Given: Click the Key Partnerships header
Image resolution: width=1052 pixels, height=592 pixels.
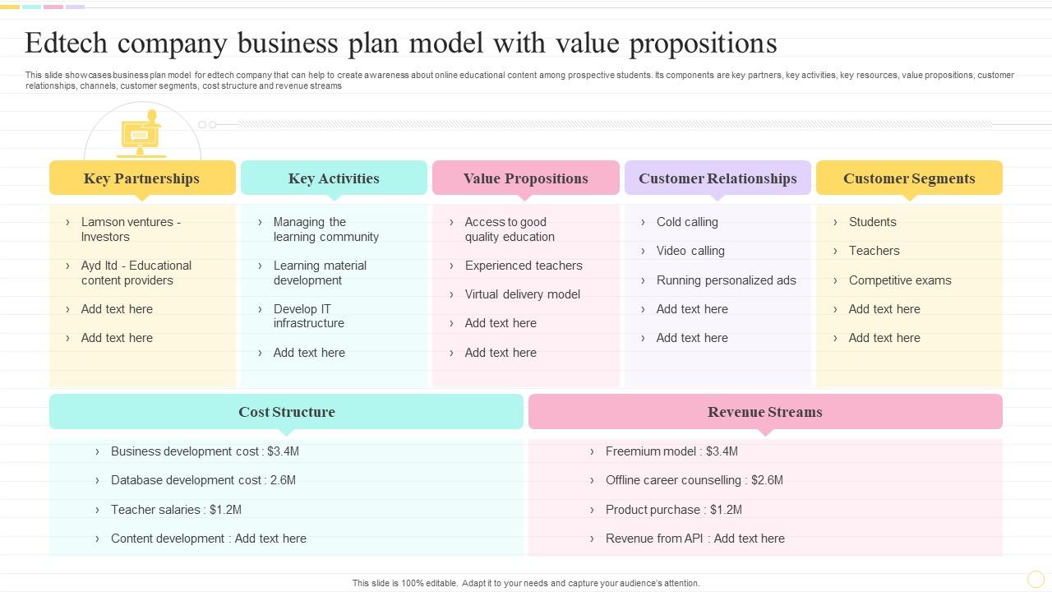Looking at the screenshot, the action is pos(142,178).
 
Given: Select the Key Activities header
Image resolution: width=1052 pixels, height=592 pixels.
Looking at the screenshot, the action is pos(334,178).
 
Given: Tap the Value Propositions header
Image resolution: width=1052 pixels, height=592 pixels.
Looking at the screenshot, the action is pos(525,178).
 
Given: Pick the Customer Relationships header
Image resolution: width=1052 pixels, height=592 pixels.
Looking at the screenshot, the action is pos(717,178).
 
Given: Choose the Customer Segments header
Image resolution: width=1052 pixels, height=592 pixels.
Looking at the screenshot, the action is pos(909,178).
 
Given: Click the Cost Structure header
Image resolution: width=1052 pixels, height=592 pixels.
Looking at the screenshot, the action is pos(287,412).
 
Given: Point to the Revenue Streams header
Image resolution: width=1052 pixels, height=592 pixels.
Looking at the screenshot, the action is pos(765,412).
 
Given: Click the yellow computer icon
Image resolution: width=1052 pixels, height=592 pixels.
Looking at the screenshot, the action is pos(141,134).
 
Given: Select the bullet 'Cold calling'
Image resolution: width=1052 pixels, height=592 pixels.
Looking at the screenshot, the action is pos(687,222).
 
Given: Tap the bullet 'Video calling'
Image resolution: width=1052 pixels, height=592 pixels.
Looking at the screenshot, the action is pos(690,251).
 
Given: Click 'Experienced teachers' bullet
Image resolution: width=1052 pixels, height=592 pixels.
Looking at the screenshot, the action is pos(524,266).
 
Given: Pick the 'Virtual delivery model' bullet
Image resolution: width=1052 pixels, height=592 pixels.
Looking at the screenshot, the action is pos(522,294).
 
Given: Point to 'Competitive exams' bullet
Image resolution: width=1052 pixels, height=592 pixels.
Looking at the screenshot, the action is pos(900,280).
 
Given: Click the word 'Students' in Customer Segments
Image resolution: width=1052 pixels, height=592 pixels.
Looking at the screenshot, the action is pos(873,222).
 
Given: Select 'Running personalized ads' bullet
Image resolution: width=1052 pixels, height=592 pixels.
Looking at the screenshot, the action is pos(726,280).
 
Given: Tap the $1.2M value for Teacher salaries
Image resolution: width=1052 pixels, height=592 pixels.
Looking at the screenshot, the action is pos(225,510).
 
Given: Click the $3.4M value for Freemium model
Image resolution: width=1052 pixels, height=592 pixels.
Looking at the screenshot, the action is pos(722,451).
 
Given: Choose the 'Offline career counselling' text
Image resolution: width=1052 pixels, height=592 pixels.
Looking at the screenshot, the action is pos(673,480).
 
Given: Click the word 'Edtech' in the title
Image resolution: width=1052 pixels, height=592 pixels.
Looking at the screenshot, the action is pos(66,44).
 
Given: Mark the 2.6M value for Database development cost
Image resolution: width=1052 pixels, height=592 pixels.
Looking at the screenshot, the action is pos(283,480).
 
